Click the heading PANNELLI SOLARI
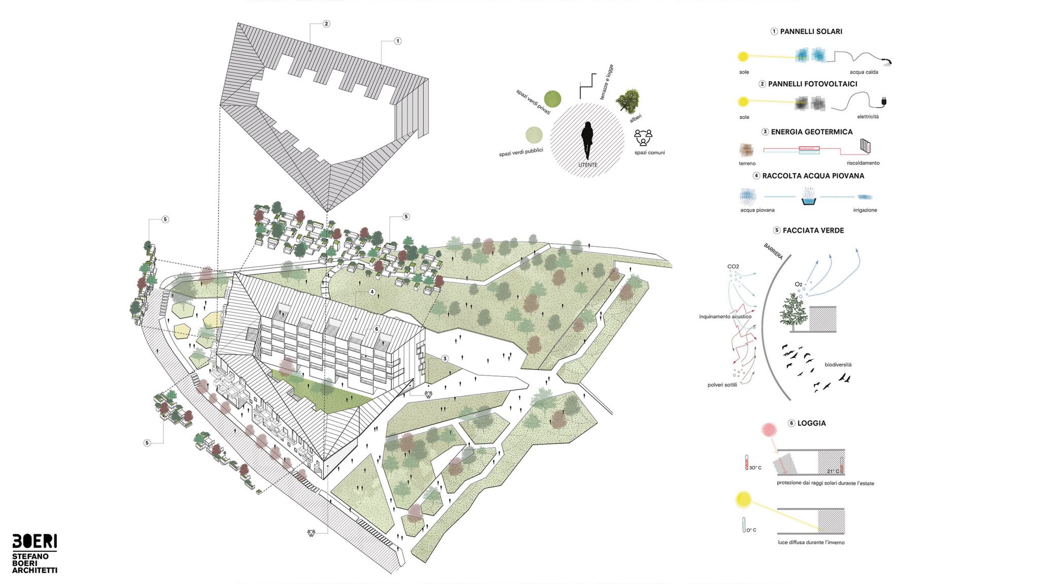[x=811, y=31]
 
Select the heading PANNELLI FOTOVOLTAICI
[x=813, y=84]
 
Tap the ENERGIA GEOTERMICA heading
[x=812, y=132]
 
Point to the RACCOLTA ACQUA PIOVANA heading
[x=813, y=176]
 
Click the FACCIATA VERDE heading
[x=813, y=231]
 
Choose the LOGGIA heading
[x=812, y=423]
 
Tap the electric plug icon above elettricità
[x=884, y=102]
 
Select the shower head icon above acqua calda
[x=887, y=62]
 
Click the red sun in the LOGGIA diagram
[x=769, y=430]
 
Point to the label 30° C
[x=755, y=468]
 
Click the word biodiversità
[x=838, y=365]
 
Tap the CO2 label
[x=733, y=267]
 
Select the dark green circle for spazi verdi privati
[x=552, y=99]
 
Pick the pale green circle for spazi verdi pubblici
[x=534, y=135]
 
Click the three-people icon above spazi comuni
[x=643, y=138]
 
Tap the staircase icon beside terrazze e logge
[x=587, y=86]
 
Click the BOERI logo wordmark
[x=34, y=541]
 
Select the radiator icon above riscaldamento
[x=865, y=146]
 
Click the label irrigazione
[x=865, y=210]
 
